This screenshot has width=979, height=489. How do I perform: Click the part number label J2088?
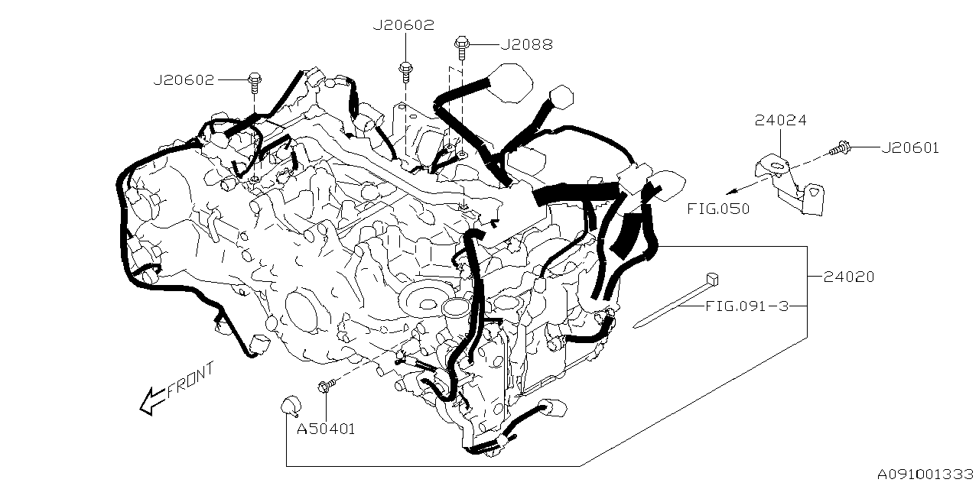[526, 45]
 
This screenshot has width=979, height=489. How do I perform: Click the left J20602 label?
[184, 79]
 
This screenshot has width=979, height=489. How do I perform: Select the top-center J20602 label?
[403, 25]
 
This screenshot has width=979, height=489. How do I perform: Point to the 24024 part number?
[780, 121]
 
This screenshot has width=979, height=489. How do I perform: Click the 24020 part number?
[849, 277]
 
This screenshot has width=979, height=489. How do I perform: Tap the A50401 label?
[326, 429]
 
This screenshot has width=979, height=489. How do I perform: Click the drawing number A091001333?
[925, 475]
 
